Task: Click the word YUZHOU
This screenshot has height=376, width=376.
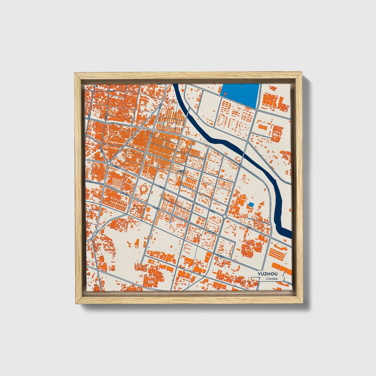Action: [x=267, y=274]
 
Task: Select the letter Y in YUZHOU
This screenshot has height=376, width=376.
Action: [x=259, y=274]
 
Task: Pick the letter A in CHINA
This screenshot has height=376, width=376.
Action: [x=276, y=279]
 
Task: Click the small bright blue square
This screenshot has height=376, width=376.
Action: [x=251, y=205]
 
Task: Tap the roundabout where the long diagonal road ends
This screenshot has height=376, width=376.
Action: [x=109, y=163]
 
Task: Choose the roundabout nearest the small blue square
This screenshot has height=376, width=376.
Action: [x=225, y=216]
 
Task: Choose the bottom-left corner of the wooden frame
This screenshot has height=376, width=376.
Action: [x=75, y=304]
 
